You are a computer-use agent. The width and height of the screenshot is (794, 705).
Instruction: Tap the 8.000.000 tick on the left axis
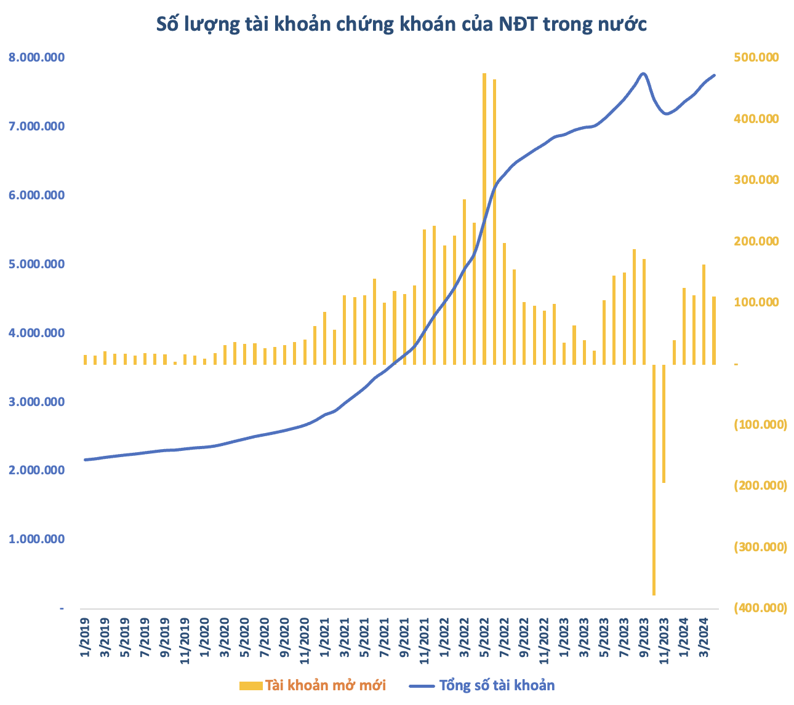tap(37, 58)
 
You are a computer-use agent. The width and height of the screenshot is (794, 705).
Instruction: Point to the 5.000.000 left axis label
tap(37, 265)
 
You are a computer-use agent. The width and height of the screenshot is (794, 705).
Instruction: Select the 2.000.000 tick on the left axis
tap(37, 471)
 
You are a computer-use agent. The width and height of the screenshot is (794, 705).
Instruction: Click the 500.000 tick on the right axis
tap(756, 58)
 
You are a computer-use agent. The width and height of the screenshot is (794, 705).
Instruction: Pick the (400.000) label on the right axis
tap(760, 608)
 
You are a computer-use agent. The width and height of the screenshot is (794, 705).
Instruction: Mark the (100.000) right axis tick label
tap(760, 425)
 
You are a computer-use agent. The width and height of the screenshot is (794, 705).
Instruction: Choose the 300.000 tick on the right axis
tap(756, 180)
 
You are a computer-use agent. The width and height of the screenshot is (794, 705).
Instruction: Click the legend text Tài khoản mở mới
tap(325, 685)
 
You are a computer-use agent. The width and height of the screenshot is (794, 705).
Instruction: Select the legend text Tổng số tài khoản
tap(497, 685)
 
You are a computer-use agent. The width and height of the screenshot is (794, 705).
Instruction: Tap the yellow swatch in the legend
tap(250, 685)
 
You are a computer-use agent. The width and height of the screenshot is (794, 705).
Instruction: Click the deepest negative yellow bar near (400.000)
tap(654, 480)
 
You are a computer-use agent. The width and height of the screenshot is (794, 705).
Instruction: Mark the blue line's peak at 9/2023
tap(644, 73)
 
